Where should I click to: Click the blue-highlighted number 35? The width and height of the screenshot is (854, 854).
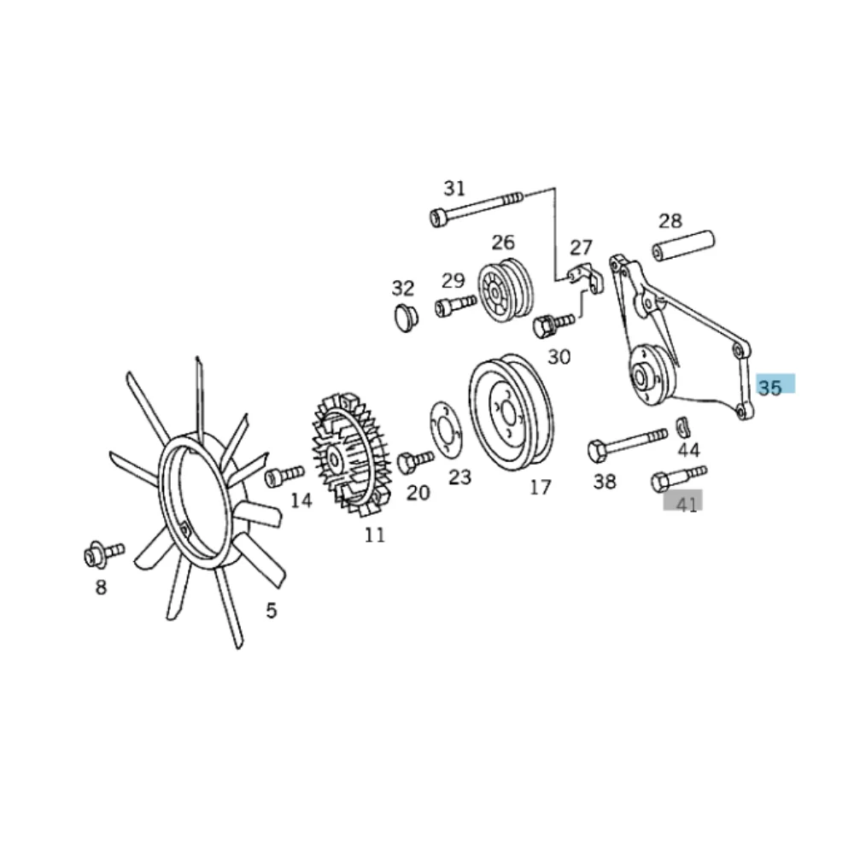pos(769,388)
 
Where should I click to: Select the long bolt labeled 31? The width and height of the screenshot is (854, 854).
pos(477,208)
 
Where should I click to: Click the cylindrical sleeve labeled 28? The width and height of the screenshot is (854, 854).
pos(683,245)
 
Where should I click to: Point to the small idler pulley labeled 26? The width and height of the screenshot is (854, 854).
pos(505,291)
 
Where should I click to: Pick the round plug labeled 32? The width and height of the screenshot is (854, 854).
pos(406,318)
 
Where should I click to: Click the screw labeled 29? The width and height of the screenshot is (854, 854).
pos(456,305)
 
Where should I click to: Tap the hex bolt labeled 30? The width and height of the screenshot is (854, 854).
pos(553,324)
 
